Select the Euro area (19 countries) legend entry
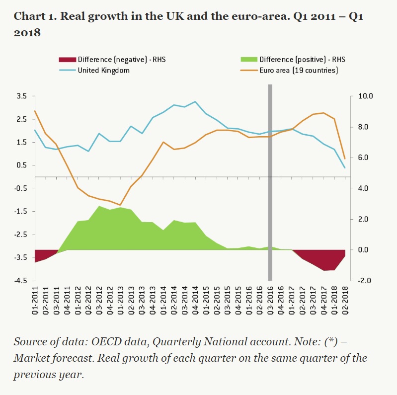click(299, 70)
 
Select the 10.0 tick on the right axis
click(359, 96)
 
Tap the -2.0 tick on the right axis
click(359, 281)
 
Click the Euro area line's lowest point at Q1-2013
click(120, 205)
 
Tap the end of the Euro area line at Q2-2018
click(345, 159)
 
